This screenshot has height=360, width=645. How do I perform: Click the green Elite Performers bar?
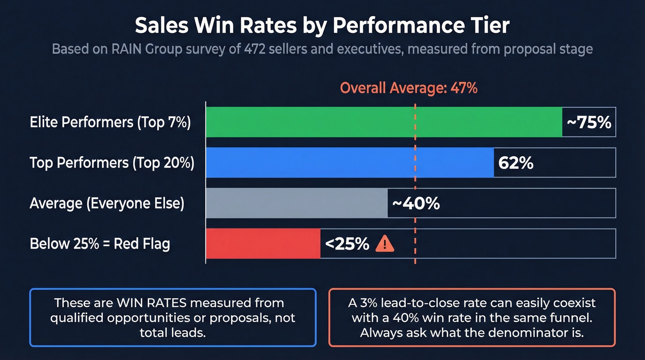(383, 122)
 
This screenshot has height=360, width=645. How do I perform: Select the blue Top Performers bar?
(350, 163)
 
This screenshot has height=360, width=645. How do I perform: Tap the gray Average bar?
(296, 203)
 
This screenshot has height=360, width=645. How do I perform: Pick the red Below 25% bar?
(263, 243)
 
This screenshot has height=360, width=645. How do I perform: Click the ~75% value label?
(589, 123)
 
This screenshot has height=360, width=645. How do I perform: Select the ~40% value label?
(416, 203)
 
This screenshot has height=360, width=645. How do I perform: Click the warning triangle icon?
(385, 244)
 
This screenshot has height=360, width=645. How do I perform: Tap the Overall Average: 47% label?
(409, 88)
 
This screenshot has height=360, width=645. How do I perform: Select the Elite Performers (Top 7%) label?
(110, 123)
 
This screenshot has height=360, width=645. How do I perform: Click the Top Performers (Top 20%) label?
(112, 163)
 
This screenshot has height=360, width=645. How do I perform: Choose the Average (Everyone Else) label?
(107, 203)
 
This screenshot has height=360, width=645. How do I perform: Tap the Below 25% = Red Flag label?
(100, 244)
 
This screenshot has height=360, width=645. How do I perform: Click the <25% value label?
(347, 244)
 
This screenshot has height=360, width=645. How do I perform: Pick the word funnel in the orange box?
(567, 318)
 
